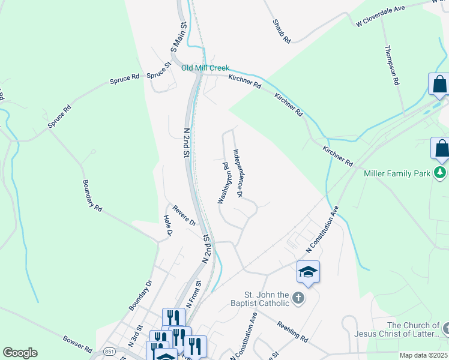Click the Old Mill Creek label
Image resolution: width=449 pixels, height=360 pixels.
205,68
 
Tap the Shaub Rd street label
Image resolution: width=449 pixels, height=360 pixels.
282,31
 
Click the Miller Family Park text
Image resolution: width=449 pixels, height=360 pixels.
397,173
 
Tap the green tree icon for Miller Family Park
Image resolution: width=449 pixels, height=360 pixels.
441,173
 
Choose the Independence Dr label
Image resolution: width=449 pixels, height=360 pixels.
238,173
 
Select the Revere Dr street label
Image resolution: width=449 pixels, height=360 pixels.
184,215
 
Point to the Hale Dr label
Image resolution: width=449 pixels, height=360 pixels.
168,226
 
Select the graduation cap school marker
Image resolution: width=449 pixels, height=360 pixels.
308,272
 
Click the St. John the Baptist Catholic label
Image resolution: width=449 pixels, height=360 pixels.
267,299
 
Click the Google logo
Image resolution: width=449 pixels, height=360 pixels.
20,353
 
